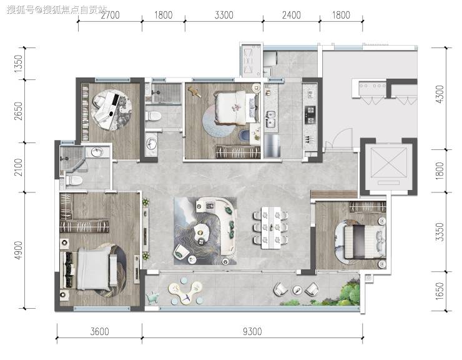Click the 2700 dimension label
coord(111,15)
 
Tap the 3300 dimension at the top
coord(224,15)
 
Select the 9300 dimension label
coord(252,331)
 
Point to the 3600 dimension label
coord(100,331)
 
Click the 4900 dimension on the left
coord(18,250)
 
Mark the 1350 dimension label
coord(18,64)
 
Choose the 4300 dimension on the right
coord(440,94)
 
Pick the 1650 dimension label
coord(440,291)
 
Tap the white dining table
coord(271,227)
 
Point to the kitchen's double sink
coord(270,118)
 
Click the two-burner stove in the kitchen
coord(310,115)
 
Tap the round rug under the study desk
coord(111,109)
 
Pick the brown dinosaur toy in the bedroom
coord(194,91)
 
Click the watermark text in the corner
coord(57,10)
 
